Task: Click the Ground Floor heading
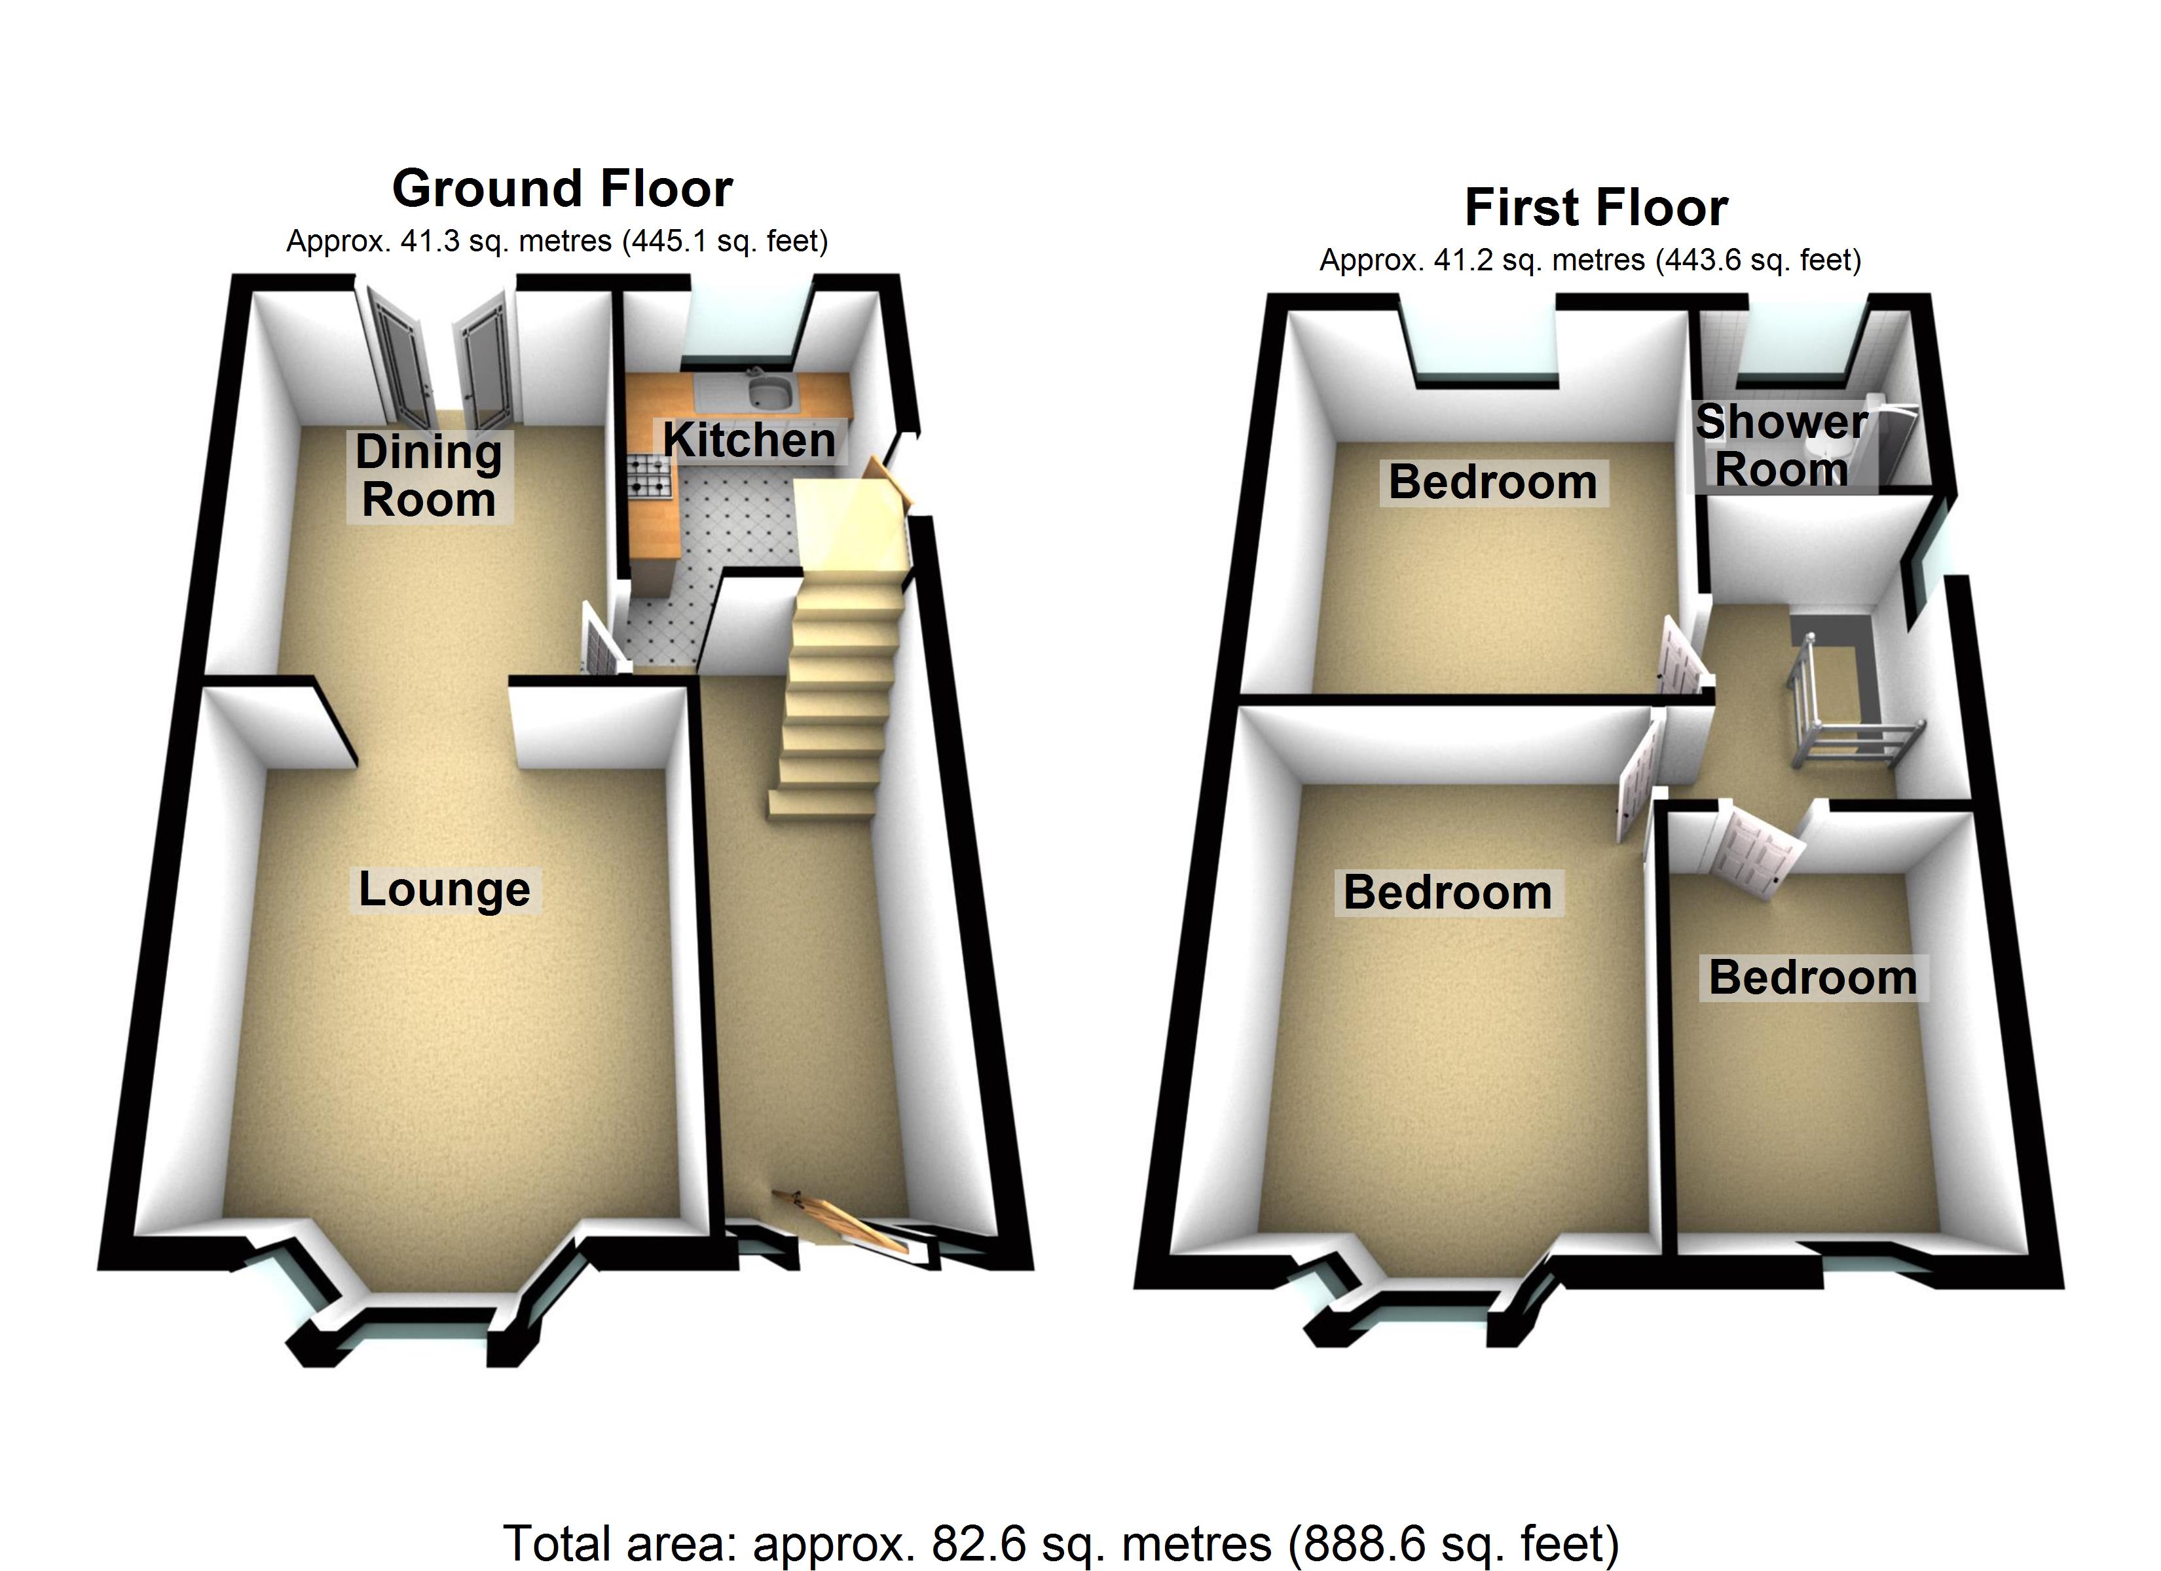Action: (562, 189)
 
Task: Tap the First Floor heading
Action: (1596, 208)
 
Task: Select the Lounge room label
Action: (444, 890)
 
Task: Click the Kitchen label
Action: (749, 440)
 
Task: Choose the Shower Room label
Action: (1781, 446)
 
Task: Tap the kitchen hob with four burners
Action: (651, 475)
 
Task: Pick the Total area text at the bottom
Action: (1060, 1542)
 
